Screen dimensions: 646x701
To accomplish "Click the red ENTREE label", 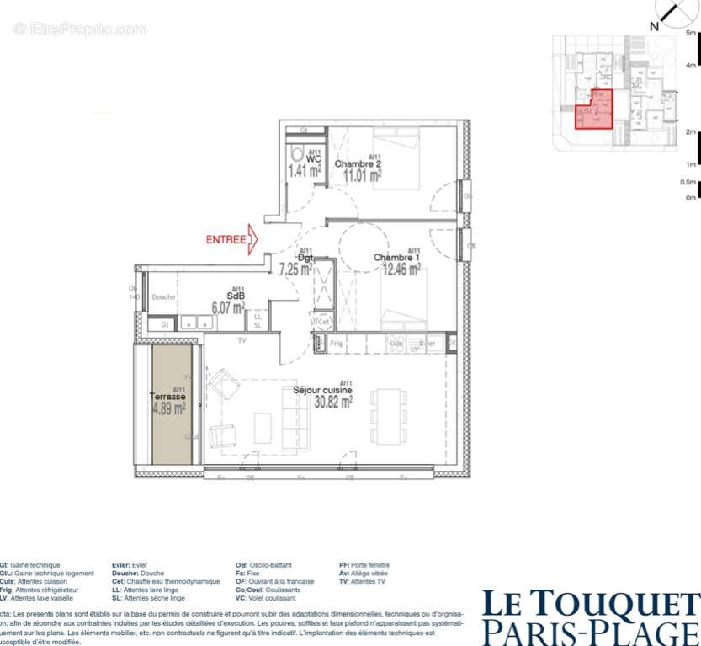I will [x=226, y=240].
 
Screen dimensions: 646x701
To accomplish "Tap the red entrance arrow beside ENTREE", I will [x=254, y=240].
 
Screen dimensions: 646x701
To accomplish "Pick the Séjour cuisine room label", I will [x=322, y=390].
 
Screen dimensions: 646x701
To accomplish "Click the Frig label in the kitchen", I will [x=337, y=344].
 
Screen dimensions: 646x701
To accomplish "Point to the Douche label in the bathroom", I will [x=163, y=297].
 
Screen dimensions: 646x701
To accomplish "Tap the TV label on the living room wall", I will [x=241, y=341].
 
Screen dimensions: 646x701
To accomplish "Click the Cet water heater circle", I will [x=323, y=322].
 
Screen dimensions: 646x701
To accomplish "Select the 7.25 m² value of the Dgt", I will [x=295, y=270].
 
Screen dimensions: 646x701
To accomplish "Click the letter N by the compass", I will [x=654, y=26].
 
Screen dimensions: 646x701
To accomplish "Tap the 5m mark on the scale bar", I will [x=691, y=33].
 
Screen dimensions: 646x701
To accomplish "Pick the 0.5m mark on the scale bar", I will [x=688, y=182].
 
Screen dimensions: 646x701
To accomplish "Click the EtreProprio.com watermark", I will [x=80, y=29].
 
